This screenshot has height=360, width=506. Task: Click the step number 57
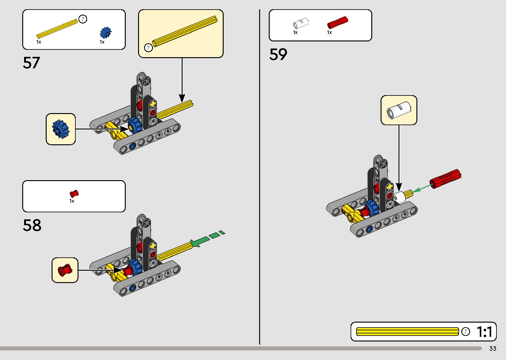32,63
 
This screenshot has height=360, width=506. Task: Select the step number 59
278,54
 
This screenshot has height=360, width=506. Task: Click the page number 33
493,349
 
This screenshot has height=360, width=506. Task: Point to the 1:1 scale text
484,332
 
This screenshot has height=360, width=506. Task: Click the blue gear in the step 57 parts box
105,32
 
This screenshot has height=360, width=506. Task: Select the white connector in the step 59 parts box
301,23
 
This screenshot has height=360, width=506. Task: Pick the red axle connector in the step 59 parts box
337,23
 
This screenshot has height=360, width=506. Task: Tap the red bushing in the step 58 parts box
74,194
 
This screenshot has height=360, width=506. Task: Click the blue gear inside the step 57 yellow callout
60,129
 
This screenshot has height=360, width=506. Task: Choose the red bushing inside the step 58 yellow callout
65,270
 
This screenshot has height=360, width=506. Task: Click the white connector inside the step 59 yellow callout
399,110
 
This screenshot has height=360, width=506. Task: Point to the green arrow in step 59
422,188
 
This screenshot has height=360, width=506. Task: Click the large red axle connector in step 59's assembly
445,179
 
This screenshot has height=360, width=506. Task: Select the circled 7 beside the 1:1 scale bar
466,332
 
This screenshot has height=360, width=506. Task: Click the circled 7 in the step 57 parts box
83,19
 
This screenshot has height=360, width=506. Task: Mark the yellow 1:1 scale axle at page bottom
407,332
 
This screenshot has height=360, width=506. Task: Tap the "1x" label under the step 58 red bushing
72,201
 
